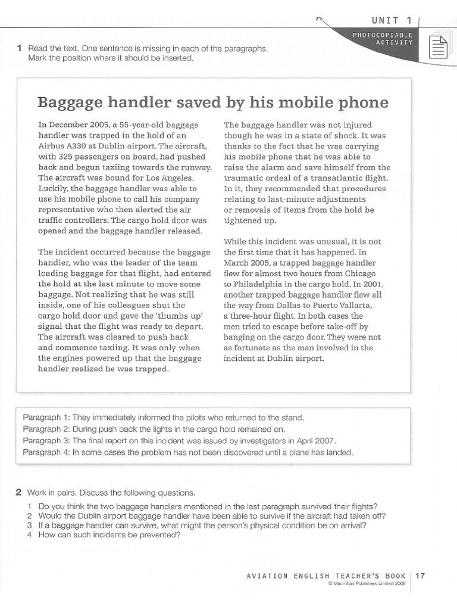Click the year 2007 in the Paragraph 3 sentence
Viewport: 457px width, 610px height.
coord(325,440)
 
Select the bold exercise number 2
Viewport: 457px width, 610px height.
coord(18,492)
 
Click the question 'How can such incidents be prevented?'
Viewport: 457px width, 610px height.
coord(109,534)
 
